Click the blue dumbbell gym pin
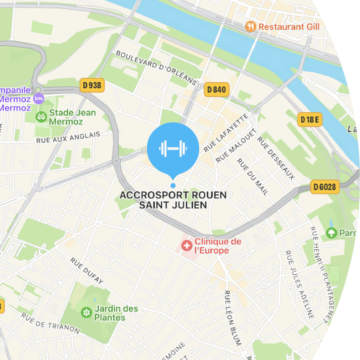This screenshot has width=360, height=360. (173, 149)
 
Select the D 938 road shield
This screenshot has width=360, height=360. (92, 85)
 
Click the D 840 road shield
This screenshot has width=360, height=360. (216, 90)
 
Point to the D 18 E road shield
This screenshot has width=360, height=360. (310, 119)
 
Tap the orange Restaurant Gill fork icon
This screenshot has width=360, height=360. (250, 27)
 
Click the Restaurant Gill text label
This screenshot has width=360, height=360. (289, 27)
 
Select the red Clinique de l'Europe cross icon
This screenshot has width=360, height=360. (187, 246)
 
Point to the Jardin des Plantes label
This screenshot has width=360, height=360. (116, 313)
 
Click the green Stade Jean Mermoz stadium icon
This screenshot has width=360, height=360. (42, 117)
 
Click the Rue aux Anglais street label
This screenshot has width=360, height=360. (68, 137)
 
